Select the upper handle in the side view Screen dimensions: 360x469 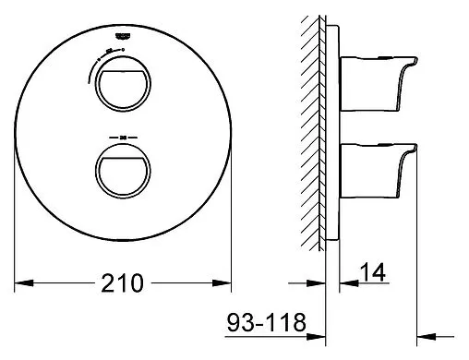[x=379, y=75]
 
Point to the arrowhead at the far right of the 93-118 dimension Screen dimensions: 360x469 [x=427, y=333]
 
